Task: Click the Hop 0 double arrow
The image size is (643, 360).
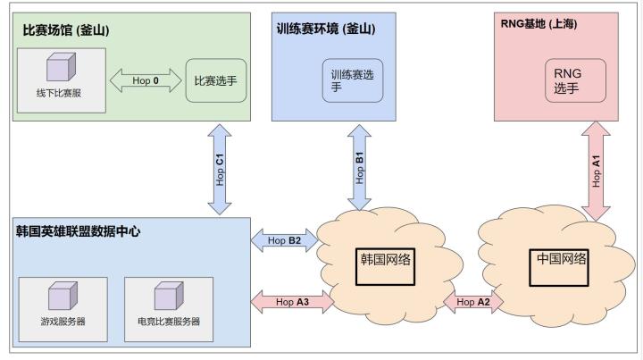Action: (x=145, y=81)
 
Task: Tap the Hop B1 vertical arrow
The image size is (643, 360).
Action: (x=360, y=167)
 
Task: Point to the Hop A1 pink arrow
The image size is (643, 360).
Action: (x=596, y=171)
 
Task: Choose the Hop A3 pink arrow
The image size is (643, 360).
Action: (x=293, y=301)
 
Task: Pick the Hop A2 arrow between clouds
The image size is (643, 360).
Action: (x=472, y=301)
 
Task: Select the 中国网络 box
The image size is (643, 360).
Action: (x=562, y=265)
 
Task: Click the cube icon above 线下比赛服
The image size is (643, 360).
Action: (x=62, y=68)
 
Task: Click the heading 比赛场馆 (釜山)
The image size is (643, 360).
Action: (x=65, y=29)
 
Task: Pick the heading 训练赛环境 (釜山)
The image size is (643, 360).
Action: (x=325, y=29)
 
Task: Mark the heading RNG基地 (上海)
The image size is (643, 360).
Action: (x=539, y=24)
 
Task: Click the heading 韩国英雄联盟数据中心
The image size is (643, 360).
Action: (x=79, y=231)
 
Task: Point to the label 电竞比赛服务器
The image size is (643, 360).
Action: (x=169, y=322)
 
